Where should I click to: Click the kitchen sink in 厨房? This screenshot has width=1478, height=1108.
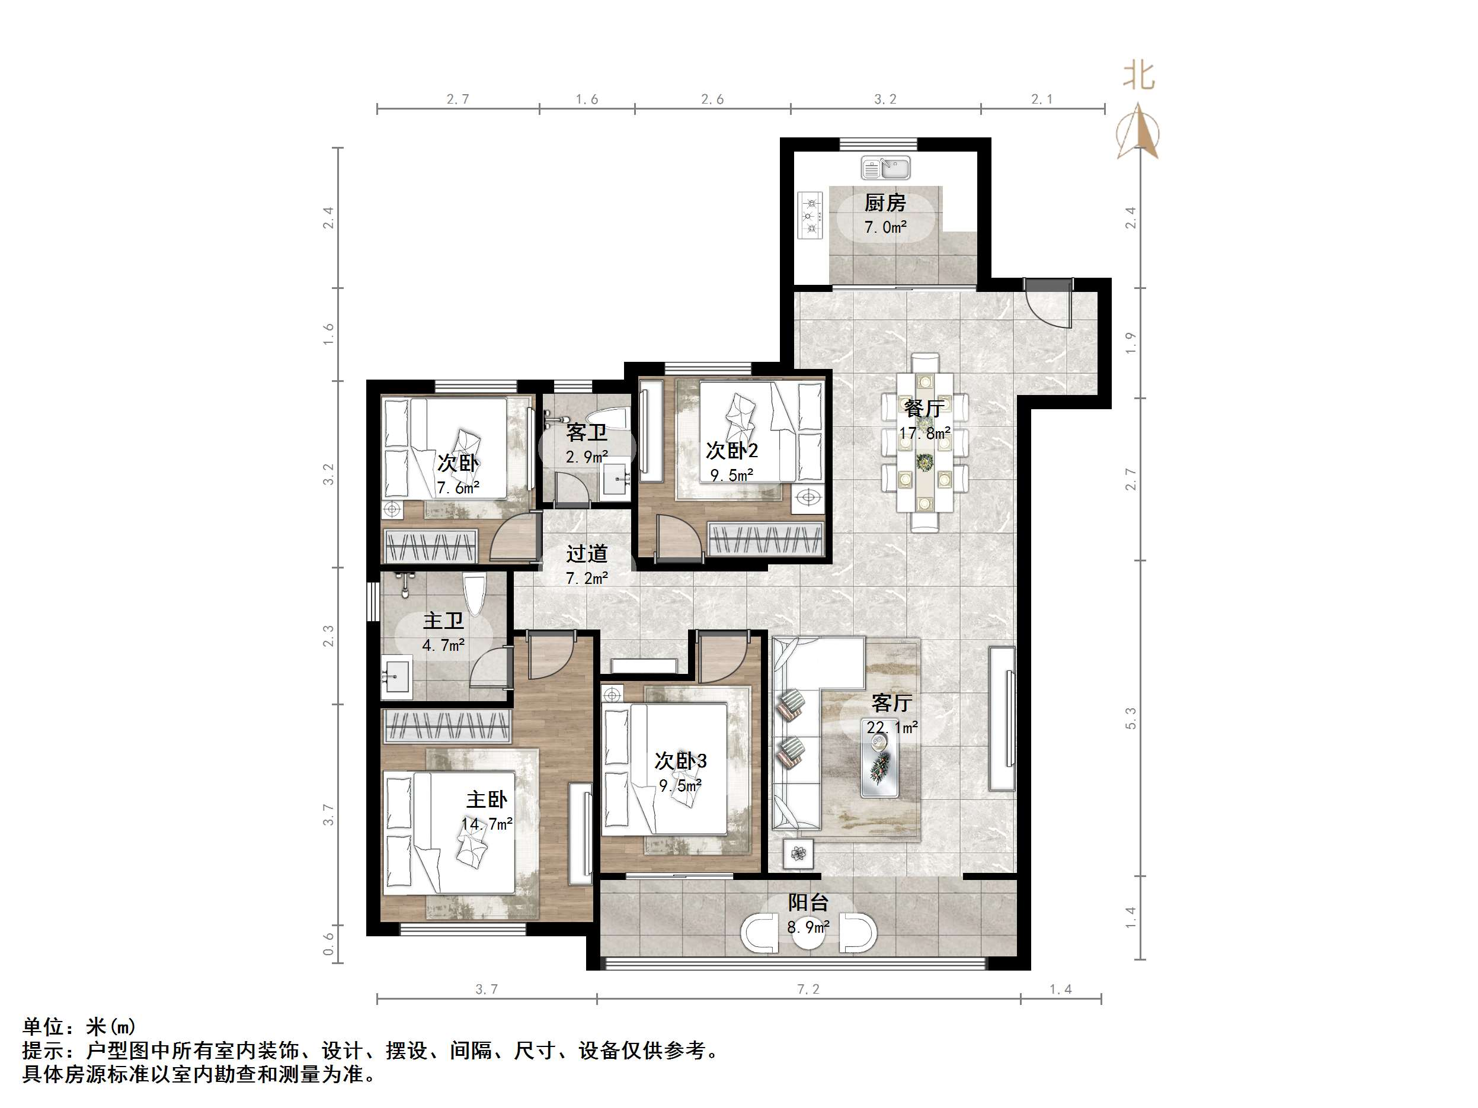pyautogui.click(x=885, y=168)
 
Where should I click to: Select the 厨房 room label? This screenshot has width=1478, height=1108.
pyautogui.click(x=885, y=203)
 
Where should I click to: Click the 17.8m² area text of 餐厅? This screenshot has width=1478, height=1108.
pyautogui.click(x=924, y=433)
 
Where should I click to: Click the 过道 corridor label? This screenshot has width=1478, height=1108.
pyautogui.click(x=587, y=553)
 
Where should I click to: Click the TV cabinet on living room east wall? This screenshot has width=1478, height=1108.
pyautogui.click(x=1003, y=718)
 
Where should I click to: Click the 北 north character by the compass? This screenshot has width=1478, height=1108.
pyautogui.click(x=1138, y=75)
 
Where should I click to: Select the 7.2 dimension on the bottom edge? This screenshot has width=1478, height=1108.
pyautogui.click(x=808, y=989)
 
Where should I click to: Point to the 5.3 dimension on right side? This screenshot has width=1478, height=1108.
pyautogui.click(x=1131, y=718)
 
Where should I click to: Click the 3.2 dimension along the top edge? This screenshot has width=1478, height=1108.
pyautogui.click(x=885, y=99)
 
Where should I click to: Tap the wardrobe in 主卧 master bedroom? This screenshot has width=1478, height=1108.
pyautogui.click(x=446, y=726)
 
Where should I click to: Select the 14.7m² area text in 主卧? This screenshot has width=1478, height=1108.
pyautogui.click(x=487, y=824)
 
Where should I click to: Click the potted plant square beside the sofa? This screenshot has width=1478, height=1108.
pyautogui.click(x=798, y=853)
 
